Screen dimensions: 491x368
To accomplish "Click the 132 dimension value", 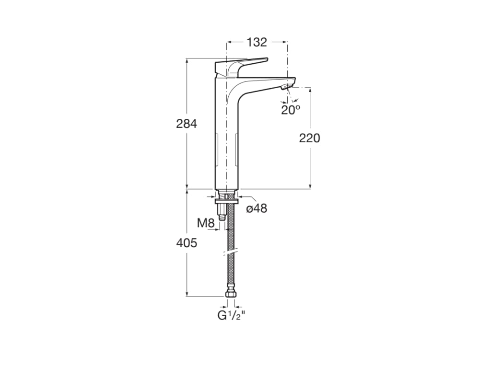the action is tap(257, 42).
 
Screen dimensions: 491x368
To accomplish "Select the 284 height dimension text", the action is tap(187, 124).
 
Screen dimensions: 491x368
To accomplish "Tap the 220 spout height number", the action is tap(309, 138).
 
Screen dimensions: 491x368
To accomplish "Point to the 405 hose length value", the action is tap(187, 242).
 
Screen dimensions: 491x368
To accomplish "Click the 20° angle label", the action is tap(291, 110).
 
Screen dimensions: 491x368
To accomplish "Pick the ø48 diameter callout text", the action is tap(257, 208).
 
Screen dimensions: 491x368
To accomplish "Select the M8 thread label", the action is tap(206, 223).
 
